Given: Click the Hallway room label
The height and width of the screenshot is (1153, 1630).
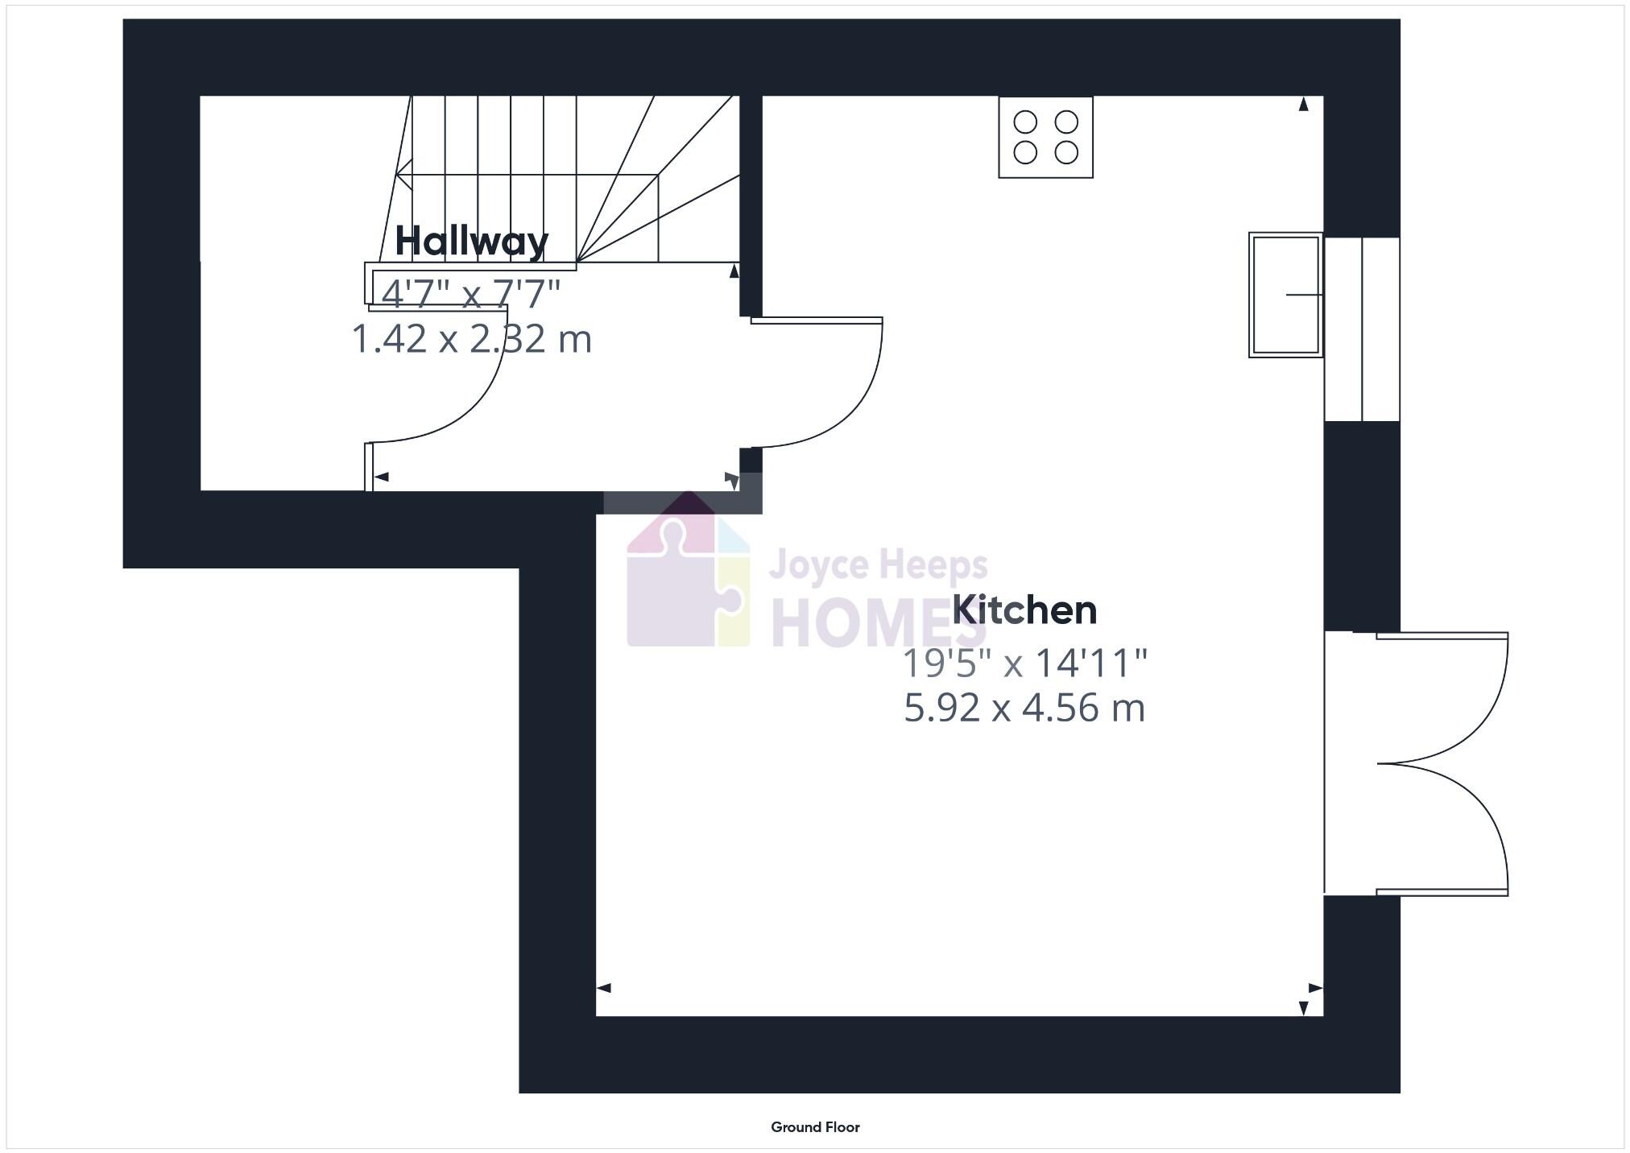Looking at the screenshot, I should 471,241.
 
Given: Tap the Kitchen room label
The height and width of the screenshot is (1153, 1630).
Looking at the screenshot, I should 1024,610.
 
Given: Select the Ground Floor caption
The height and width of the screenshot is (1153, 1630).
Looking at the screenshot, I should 815,1127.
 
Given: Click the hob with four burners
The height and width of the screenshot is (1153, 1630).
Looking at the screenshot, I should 1045,137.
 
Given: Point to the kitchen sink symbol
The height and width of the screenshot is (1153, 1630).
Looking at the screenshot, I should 1285,295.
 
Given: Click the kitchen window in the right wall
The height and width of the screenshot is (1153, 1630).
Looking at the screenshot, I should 1362,329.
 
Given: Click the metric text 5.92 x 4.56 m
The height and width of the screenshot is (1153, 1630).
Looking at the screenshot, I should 1024,708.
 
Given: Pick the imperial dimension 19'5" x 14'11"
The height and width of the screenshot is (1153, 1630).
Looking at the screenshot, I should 1024,664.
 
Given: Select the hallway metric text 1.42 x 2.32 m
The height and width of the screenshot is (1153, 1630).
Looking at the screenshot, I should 472,339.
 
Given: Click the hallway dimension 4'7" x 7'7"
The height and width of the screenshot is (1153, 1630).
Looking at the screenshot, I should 471,294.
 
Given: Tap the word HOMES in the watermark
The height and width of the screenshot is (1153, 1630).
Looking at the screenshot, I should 878,625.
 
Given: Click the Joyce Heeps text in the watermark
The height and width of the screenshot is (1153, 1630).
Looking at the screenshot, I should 878,565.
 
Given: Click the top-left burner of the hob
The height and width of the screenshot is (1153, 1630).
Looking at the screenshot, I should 1025,122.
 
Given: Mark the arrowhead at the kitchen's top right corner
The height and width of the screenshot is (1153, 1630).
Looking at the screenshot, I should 1304,104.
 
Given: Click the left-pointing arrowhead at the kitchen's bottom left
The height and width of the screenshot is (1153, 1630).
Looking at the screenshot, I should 603,988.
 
